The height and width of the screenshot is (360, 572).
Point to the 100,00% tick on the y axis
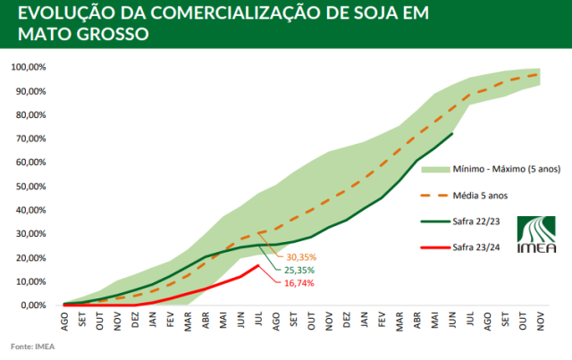pos(29,67)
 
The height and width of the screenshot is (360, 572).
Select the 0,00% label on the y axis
pos(34,305)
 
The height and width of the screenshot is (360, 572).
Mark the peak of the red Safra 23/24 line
pos(258,265)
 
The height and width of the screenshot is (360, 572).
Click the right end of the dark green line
pos(453,133)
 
